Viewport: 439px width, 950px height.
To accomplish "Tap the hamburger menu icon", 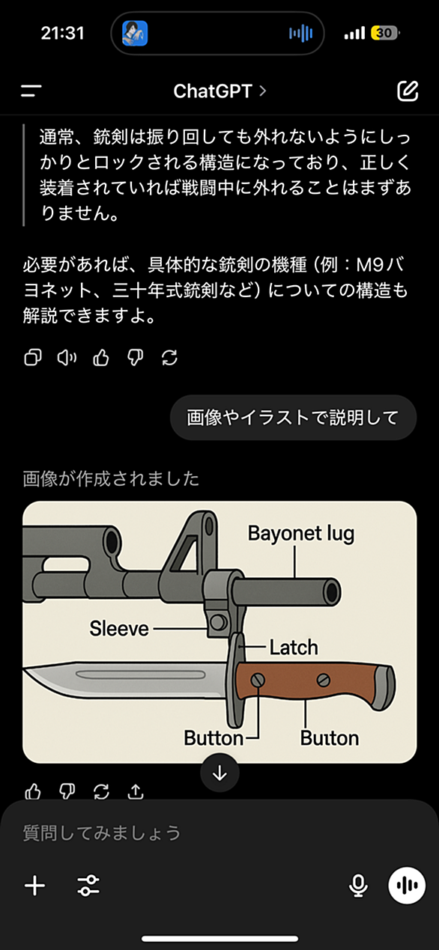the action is click(x=31, y=91).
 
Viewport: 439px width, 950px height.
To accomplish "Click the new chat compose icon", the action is click(x=408, y=91).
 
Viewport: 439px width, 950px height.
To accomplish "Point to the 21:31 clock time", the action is click(x=62, y=33).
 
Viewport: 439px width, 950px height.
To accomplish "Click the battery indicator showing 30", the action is click(x=384, y=33).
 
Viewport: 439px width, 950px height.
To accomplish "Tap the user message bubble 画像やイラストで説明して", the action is click(x=293, y=417).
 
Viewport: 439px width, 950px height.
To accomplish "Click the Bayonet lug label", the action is click(x=301, y=534).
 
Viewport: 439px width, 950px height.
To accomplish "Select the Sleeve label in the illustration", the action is click(x=119, y=629).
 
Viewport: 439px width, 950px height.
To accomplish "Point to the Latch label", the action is click(x=294, y=648).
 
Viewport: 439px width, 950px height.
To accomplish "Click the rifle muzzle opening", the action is click(x=331, y=591).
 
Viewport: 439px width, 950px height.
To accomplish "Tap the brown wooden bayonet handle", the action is click(x=306, y=682).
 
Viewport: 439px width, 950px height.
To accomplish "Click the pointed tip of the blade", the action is click(x=25, y=670).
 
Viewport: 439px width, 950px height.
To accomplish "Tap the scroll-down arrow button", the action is click(x=219, y=773).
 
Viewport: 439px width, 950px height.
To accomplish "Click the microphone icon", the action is click(x=358, y=885).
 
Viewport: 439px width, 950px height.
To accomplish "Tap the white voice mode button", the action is click(x=407, y=885).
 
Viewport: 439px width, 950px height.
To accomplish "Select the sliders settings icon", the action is click(x=88, y=886).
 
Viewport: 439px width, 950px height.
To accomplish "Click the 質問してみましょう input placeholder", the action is click(x=102, y=833).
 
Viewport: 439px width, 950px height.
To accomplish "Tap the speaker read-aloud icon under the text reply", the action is click(x=67, y=358).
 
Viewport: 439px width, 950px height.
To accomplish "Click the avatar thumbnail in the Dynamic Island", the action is click(x=135, y=33).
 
